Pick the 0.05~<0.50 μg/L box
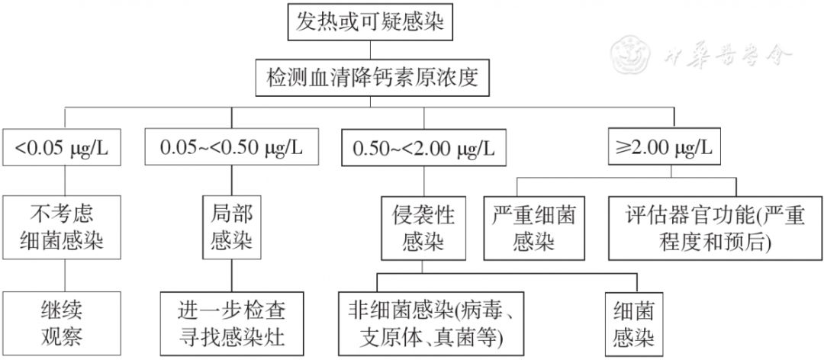tap(230, 147)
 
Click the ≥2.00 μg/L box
tap(663, 147)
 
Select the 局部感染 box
tap(230, 227)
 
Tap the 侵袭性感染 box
tap(419, 227)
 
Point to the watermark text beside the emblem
tap(726, 54)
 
